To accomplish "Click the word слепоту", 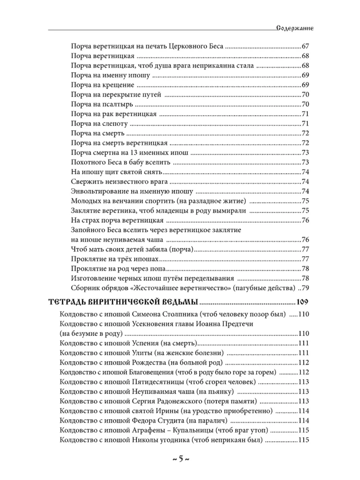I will [x=112, y=123].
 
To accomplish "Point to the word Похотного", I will [x=87, y=162].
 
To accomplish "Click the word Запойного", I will [x=87, y=229].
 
